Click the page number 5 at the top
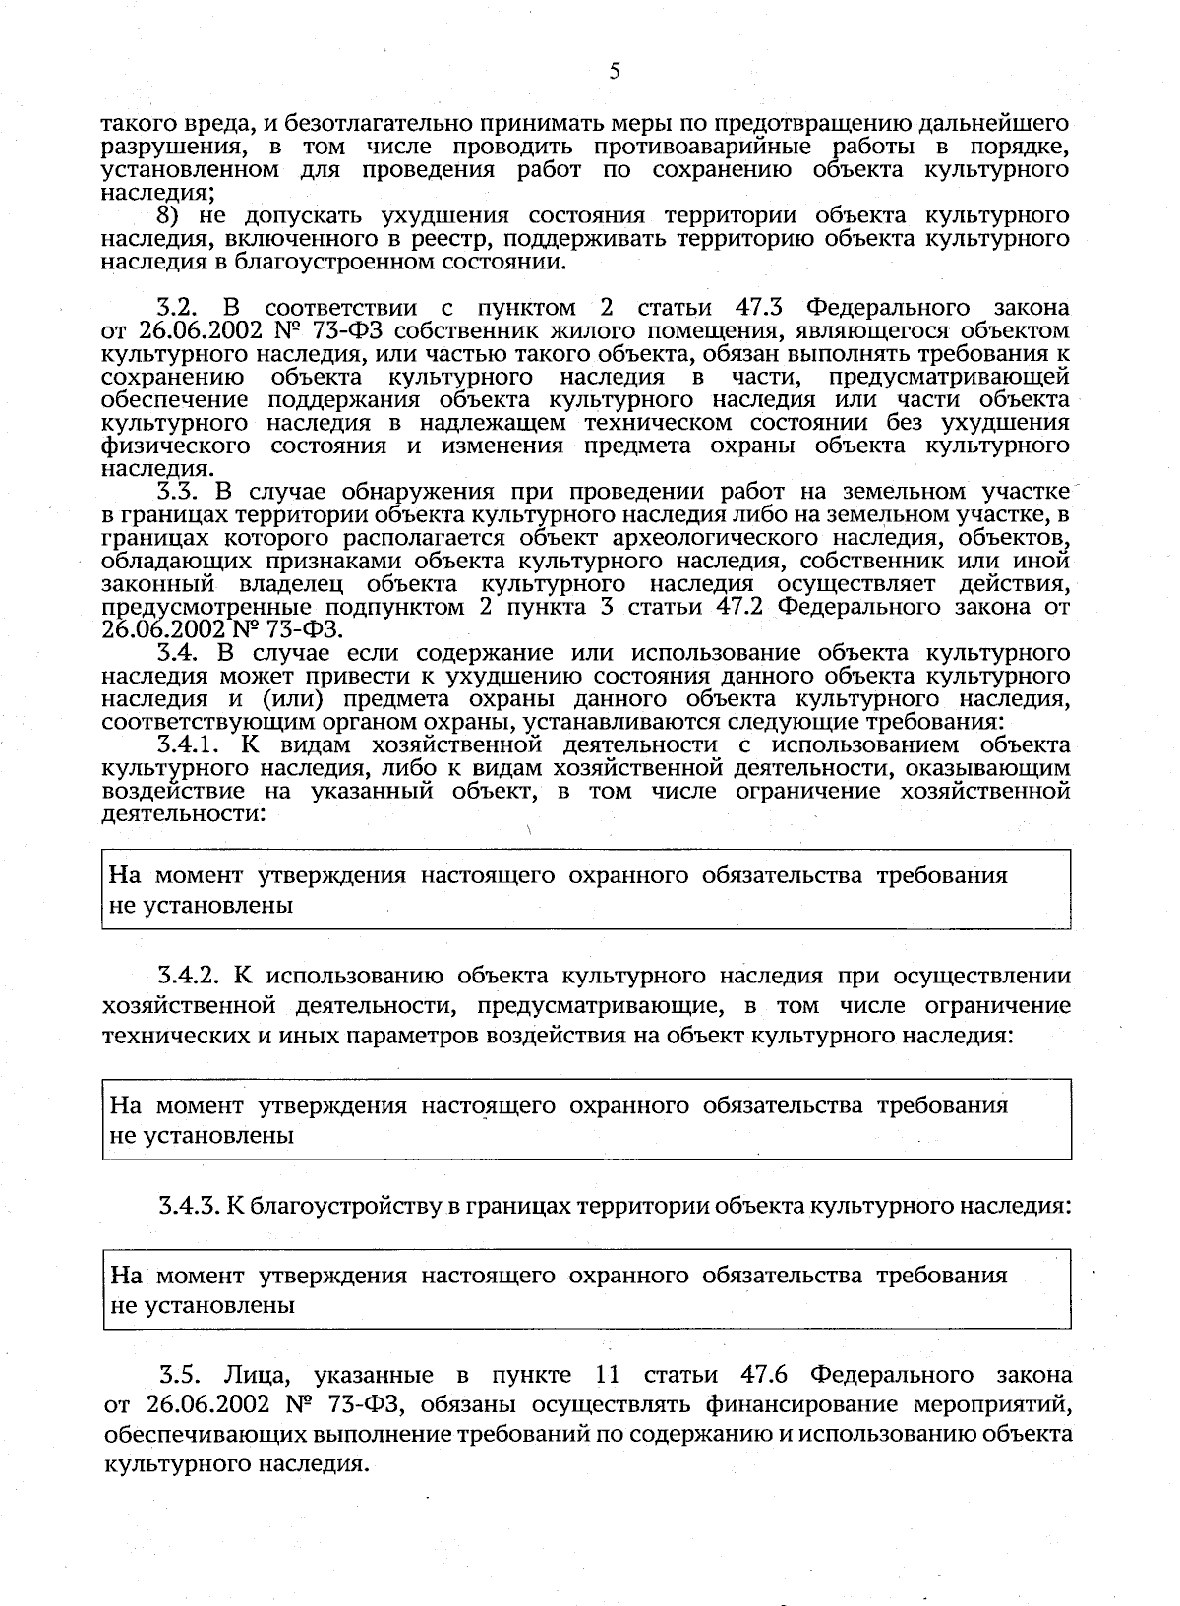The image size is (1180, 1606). (615, 71)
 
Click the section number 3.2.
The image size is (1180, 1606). (180, 308)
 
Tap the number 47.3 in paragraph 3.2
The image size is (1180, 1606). (757, 308)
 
